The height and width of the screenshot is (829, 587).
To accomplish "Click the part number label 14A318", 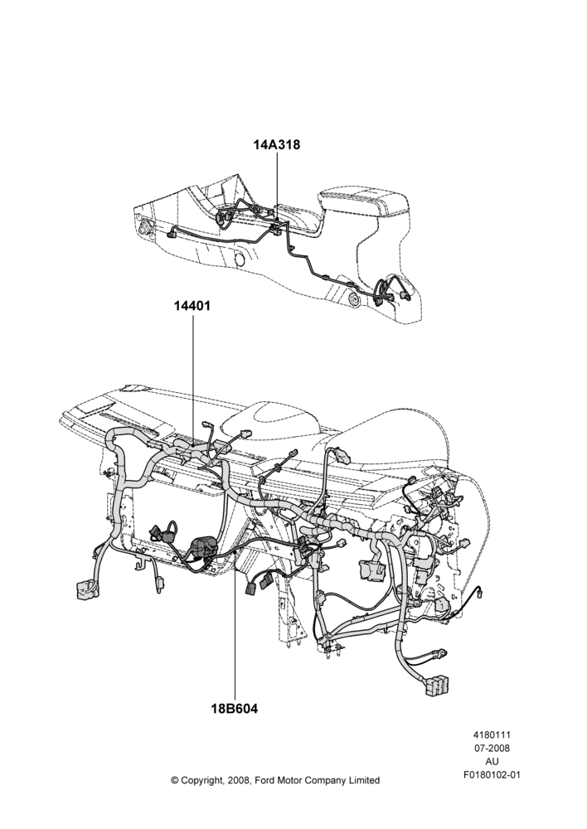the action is (x=277, y=144).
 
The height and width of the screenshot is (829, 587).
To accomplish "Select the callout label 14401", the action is (x=192, y=306).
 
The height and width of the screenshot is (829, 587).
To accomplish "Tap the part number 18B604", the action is (x=235, y=709).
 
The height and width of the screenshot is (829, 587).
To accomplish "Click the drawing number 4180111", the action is (x=492, y=734).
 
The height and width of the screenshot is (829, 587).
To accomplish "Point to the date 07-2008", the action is (x=492, y=748).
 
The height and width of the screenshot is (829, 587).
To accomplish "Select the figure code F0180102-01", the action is (x=492, y=775).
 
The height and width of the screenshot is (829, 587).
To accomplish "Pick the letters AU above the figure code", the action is (x=492, y=762).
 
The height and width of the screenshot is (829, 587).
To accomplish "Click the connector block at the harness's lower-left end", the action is (x=86, y=589).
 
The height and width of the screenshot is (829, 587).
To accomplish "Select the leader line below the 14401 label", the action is (x=192, y=380).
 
